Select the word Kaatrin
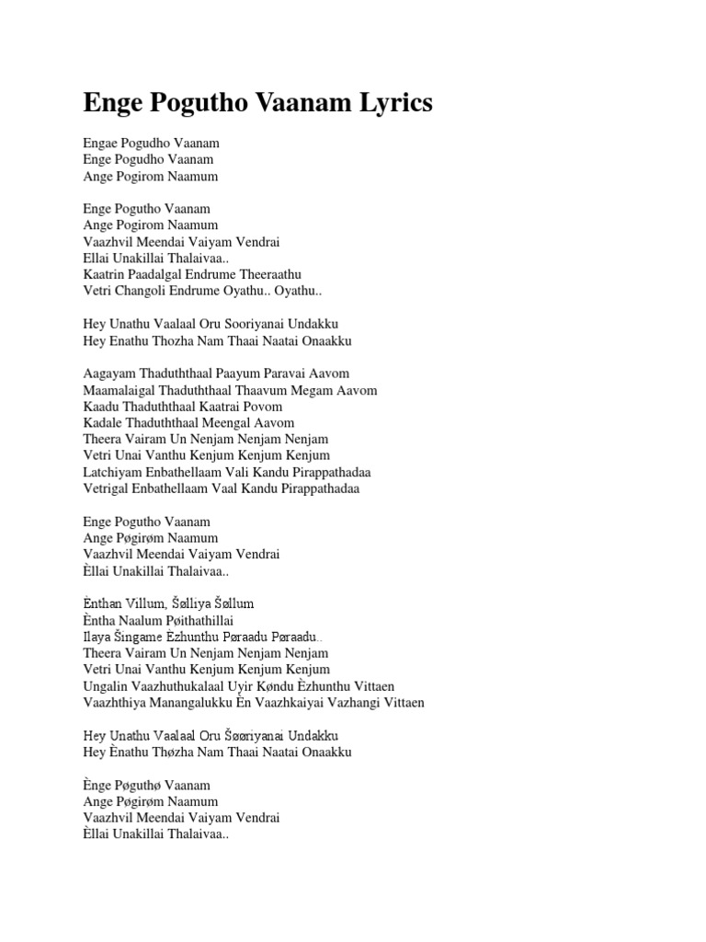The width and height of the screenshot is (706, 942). (x=103, y=274)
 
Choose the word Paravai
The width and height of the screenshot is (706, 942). (x=290, y=373)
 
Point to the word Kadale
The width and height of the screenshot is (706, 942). (x=101, y=423)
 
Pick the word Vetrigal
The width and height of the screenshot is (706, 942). (x=106, y=488)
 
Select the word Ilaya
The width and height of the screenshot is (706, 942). (x=97, y=637)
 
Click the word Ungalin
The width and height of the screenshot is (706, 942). (x=106, y=686)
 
